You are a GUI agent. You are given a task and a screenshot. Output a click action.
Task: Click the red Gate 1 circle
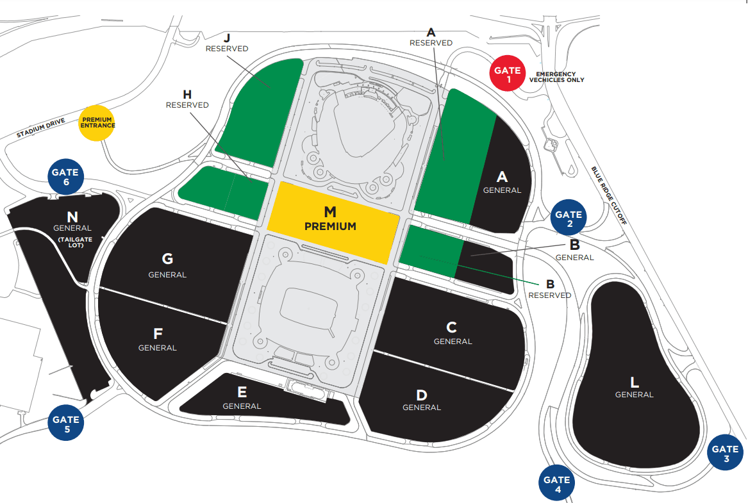(508, 75)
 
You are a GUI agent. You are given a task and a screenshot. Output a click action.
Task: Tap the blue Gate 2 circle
(569, 219)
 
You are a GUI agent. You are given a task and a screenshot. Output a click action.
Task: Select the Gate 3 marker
(726, 454)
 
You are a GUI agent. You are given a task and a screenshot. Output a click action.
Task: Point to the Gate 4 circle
(557, 484)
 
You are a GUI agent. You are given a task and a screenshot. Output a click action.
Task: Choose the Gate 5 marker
(66, 424)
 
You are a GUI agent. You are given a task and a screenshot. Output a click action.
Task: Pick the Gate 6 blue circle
(65, 176)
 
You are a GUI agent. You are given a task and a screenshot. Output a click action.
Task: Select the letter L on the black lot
(635, 383)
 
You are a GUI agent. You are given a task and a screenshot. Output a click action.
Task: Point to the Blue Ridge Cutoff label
(608, 195)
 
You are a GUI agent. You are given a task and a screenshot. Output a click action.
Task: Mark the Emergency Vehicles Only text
(556, 77)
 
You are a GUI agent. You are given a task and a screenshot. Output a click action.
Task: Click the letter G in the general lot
(167, 259)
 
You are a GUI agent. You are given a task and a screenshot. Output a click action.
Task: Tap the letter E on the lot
(242, 392)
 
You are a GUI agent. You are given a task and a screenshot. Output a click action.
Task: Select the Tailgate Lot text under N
(72, 242)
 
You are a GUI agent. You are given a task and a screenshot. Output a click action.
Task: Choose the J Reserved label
(227, 42)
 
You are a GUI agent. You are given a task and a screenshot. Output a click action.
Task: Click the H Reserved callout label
(187, 99)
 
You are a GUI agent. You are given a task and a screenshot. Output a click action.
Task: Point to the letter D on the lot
(421, 395)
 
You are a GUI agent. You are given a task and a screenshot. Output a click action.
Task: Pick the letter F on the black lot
(157, 334)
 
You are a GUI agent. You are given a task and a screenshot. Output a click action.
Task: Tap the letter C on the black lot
(453, 327)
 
